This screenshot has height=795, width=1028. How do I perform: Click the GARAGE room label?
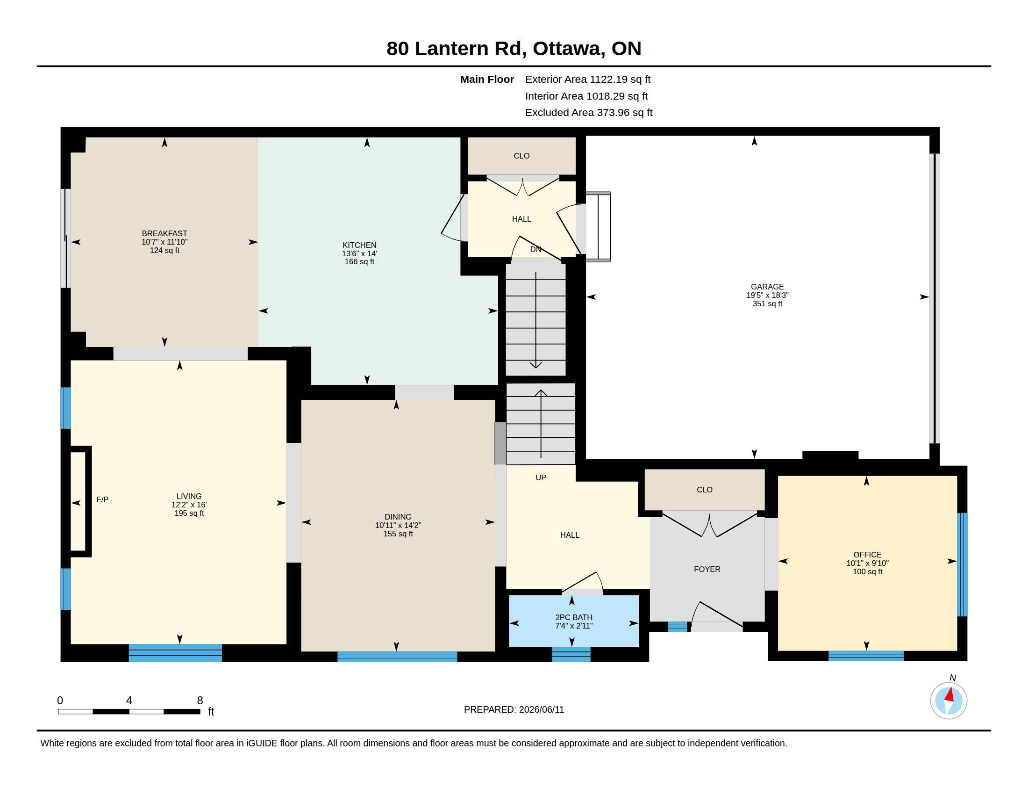767,286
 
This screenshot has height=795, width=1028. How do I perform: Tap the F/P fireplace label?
102,499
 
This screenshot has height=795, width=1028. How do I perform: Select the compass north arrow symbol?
949,701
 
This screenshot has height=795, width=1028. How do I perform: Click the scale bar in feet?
129,711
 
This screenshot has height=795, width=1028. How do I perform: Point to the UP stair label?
541,477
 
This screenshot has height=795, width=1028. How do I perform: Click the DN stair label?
535,249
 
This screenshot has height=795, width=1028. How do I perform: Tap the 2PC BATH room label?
574,617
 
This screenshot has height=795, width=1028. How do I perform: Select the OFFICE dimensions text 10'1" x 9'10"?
868,563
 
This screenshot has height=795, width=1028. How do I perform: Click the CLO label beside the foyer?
705,489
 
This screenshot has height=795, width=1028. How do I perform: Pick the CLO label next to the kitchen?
521,155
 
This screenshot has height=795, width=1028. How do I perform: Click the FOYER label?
707,569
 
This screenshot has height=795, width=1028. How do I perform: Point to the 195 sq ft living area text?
189,513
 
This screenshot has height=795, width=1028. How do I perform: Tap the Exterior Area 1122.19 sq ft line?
588,79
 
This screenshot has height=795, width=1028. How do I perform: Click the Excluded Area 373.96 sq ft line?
589,113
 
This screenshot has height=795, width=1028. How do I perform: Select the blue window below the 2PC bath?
571,654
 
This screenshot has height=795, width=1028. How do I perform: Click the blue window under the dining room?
397,657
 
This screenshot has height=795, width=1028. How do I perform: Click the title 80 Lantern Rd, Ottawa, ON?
514,49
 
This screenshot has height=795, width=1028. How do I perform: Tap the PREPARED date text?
514,709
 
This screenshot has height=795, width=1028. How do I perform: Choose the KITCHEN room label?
359,245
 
